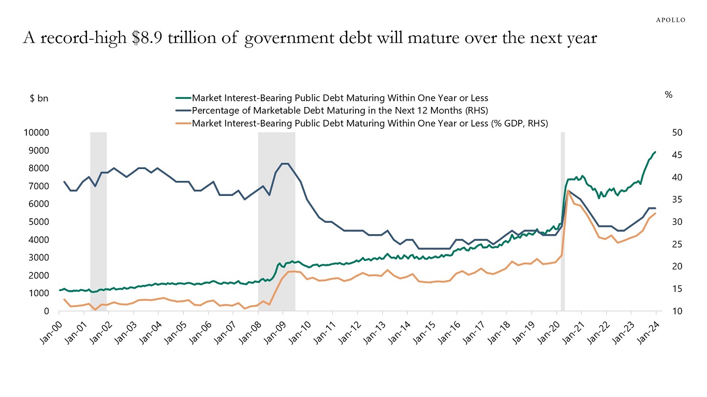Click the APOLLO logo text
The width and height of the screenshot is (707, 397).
[671, 20]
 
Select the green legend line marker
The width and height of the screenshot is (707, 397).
[183, 98]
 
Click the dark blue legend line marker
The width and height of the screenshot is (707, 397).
[183, 111]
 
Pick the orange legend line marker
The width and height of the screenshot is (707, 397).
[183, 124]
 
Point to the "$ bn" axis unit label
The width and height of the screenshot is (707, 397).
[39, 98]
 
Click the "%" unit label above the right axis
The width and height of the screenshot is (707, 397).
[668, 95]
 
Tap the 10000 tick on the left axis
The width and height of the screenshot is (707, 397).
[36, 133]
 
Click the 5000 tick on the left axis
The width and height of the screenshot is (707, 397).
[38, 222]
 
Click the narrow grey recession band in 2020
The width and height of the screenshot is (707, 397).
[563, 217]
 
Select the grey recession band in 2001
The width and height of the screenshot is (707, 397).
[98, 217]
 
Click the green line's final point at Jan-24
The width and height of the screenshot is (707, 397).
[656, 152]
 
